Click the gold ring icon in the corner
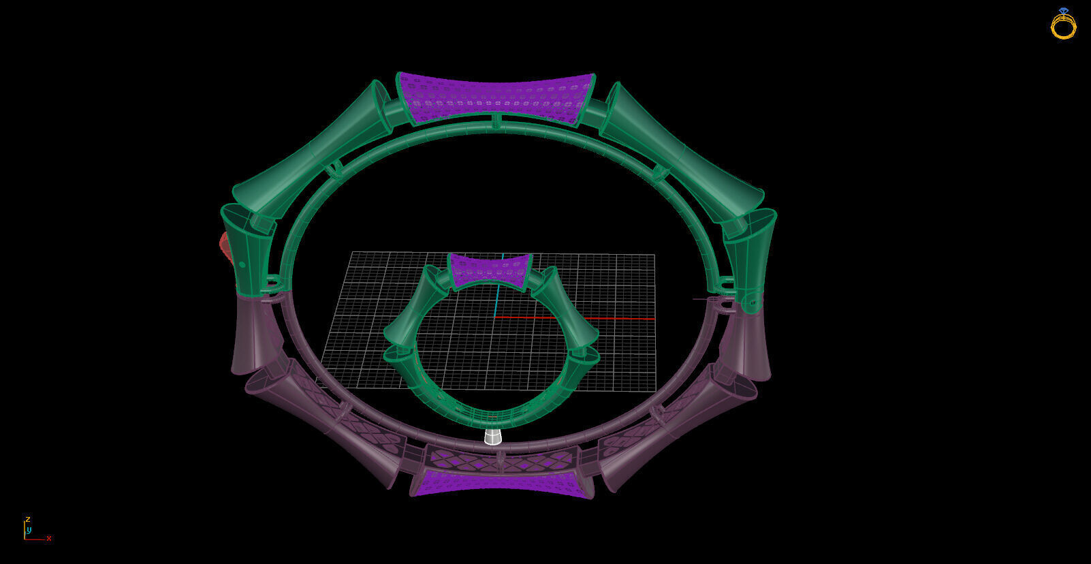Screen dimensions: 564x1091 click(1063, 25)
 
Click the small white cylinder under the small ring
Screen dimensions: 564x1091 click(493, 437)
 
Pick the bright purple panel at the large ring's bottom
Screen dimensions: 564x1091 click(501, 483)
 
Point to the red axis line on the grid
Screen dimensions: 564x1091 click(586, 318)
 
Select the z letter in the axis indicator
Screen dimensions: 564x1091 click(28, 519)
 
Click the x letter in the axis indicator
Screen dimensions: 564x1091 click(49, 538)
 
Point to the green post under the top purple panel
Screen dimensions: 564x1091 click(496, 121)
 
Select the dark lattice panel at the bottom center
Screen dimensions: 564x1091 click(501, 460)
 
